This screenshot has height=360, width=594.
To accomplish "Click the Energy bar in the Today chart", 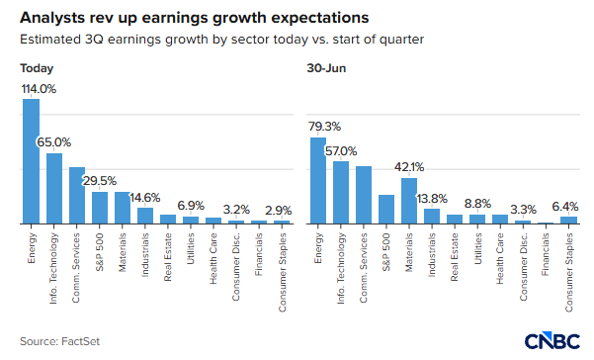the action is pos(31,161).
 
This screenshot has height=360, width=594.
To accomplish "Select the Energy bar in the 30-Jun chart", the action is pos(318,180).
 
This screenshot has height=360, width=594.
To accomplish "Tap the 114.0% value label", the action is pos(39,89).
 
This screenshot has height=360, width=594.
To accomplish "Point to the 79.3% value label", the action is pos(324,127).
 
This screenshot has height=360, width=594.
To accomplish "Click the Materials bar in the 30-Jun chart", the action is pos(409,201).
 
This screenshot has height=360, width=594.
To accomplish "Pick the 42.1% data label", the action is pos(409,167).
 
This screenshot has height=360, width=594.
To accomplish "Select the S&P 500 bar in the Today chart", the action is pos(100,208).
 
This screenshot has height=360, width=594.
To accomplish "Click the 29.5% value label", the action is pos(100,181).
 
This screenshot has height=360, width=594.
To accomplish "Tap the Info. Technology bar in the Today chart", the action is pos(54,189).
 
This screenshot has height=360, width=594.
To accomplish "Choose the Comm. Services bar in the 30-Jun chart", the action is pos(364,195).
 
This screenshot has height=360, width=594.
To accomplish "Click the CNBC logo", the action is pos(552,340).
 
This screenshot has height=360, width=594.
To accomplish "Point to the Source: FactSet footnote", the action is pos(60,341).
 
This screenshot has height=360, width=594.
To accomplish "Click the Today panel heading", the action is pos(37,68).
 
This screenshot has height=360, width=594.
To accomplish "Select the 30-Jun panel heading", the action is pos(326,68).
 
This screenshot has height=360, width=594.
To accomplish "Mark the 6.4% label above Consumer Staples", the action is pos(564,207).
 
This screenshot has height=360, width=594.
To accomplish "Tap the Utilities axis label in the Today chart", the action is pos(191,248).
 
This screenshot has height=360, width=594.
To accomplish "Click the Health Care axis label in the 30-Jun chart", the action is pos(500,259).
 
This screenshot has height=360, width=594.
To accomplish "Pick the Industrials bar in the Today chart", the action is pos(145,216).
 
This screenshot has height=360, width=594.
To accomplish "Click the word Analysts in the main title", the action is pos(52,18).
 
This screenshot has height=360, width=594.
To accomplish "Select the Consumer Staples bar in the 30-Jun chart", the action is pos(568,221).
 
